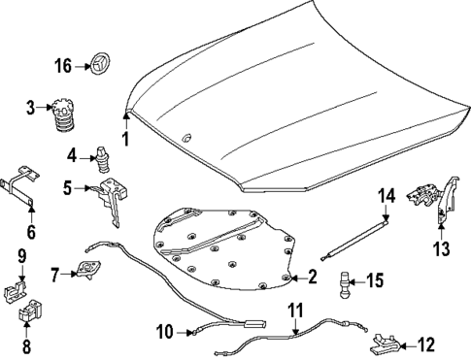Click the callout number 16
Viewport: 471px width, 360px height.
(63, 66)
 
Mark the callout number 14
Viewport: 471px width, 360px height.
(386, 197)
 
